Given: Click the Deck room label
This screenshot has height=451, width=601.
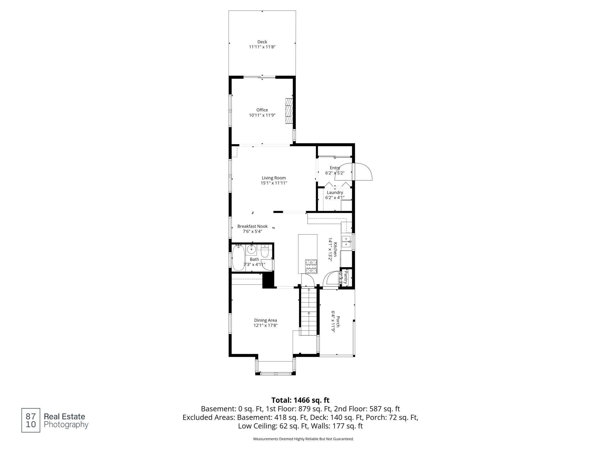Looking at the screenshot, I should (262, 42).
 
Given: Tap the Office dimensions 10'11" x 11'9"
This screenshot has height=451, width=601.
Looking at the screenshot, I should (262, 115).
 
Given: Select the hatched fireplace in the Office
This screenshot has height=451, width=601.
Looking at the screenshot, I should (289, 111).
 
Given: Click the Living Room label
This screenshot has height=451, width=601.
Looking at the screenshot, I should (274, 178).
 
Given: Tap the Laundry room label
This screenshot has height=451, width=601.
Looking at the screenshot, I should (335, 193).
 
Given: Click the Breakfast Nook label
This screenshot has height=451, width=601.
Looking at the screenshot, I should (252, 226).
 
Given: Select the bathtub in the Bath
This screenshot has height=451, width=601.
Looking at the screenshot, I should (238, 258).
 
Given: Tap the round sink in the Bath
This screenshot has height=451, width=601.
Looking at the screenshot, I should (251, 248).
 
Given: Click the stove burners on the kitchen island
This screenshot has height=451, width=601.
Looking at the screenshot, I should (311, 266).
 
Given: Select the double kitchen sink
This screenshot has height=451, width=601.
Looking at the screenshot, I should (346, 242).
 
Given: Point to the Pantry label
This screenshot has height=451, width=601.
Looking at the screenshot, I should (346, 277).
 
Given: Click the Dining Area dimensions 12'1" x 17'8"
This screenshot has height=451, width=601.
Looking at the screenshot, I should (266, 326).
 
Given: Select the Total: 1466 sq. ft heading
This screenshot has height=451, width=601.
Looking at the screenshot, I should (300, 400).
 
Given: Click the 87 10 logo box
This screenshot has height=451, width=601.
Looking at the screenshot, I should (31, 420).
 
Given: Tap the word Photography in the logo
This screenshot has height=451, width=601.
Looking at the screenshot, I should (66, 425).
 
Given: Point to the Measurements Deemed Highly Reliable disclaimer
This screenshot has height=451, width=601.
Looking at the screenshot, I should (303, 439).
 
